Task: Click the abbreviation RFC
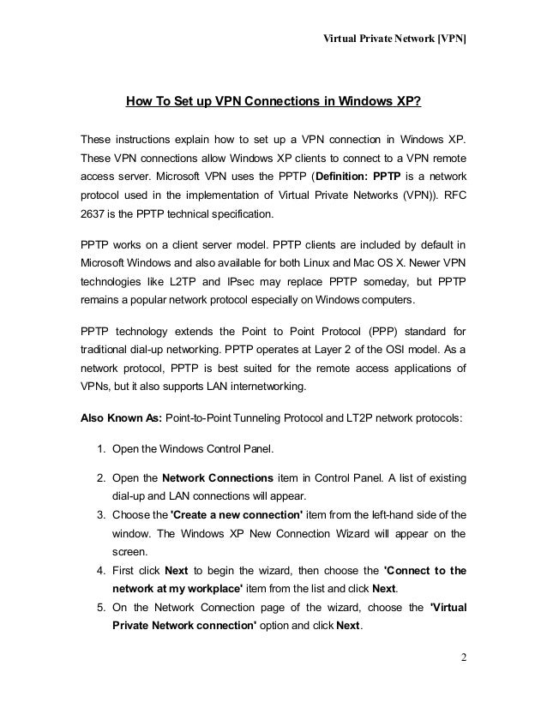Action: tap(455, 195)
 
